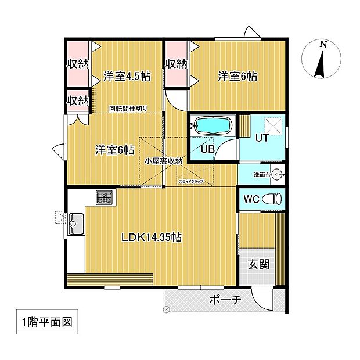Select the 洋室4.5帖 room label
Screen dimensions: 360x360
(x=125, y=75)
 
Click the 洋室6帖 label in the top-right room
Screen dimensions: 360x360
(x=238, y=75)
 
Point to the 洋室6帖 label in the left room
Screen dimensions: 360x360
(x=115, y=150)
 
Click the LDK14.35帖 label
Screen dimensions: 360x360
(x=152, y=237)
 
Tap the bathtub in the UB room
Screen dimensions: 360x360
(x=213, y=125)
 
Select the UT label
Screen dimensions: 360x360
(x=261, y=138)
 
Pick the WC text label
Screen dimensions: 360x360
(x=251, y=199)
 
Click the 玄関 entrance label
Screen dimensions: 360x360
(x=259, y=264)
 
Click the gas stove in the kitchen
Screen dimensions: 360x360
(x=105, y=197)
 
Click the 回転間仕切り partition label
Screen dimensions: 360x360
(x=128, y=108)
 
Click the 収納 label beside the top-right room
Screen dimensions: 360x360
(x=177, y=63)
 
